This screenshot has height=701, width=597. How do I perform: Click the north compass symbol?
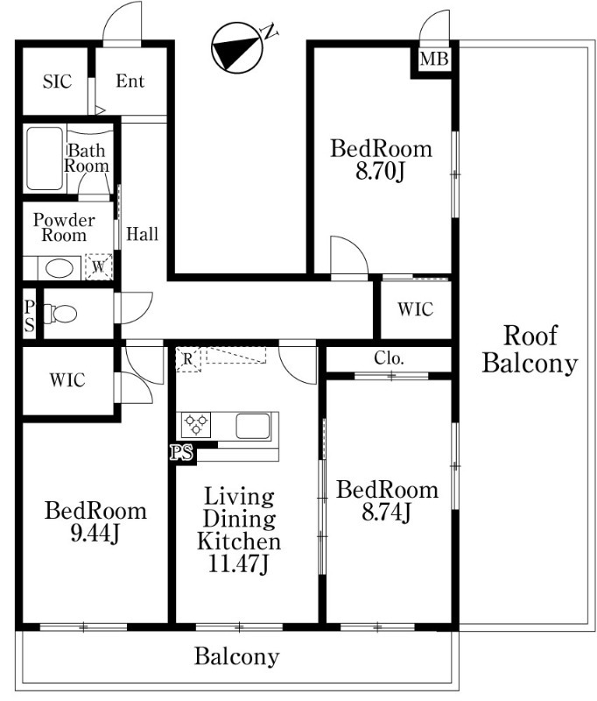(236, 48)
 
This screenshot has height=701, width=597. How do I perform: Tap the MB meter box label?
(434, 59)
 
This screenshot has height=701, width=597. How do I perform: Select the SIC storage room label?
(57, 81)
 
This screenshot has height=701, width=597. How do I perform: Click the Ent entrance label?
(130, 81)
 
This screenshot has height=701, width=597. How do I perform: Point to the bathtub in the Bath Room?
(44, 159)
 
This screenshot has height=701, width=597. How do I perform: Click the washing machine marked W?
(99, 267)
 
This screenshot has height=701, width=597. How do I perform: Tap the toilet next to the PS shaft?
(60, 314)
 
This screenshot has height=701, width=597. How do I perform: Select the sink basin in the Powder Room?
(60, 269)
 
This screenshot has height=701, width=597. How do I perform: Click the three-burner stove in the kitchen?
(196, 425)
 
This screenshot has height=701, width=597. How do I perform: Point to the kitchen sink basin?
(253, 426)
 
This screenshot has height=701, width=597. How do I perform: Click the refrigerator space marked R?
(188, 358)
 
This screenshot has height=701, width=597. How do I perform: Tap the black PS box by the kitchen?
(182, 452)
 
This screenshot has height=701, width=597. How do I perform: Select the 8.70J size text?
(380, 171)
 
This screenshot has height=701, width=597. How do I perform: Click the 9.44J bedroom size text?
(95, 534)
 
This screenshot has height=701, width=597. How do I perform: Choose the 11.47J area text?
(238, 564)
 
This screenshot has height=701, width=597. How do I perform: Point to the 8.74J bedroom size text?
(386, 513)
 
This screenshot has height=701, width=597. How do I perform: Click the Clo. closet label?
(389, 358)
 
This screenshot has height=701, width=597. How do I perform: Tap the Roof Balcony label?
(530, 349)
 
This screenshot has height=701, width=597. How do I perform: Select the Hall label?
(143, 234)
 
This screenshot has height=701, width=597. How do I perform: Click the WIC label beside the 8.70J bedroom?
(416, 309)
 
